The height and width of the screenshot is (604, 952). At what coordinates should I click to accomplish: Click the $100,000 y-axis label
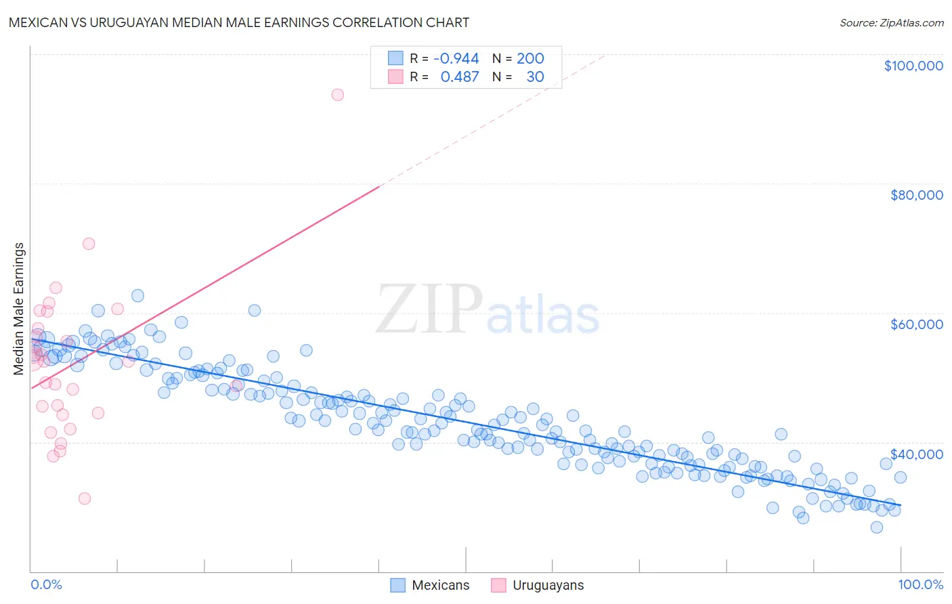[913, 66]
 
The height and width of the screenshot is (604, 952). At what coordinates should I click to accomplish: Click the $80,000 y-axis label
[916, 195]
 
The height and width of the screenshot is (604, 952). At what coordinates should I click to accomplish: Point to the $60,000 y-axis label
[916, 324]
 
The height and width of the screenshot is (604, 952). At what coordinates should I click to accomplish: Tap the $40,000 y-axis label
[916, 454]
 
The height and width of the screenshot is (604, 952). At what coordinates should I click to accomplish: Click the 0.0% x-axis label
[46, 584]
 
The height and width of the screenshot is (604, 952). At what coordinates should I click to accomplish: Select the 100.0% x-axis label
[920, 584]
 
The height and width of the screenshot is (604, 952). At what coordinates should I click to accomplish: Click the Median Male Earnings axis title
[19, 308]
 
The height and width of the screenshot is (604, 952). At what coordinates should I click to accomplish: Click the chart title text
[239, 22]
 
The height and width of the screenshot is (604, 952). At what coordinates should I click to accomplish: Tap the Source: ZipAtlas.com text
[891, 22]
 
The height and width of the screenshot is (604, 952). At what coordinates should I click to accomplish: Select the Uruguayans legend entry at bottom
[538, 585]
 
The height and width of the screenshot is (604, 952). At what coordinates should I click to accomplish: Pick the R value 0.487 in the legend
[459, 77]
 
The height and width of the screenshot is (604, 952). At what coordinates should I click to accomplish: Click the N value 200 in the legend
[530, 58]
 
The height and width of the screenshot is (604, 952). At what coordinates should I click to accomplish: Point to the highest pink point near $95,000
[337, 95]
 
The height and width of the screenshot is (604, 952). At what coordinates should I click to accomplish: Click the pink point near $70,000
[89, 244]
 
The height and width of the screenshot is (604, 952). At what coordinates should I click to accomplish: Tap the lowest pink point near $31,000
[85, 498]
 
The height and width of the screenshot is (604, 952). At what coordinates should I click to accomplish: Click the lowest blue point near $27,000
[877, 527]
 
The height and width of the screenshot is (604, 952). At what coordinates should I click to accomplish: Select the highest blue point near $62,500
[137, 295]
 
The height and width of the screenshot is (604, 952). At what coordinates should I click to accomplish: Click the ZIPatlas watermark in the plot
[488, 311]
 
